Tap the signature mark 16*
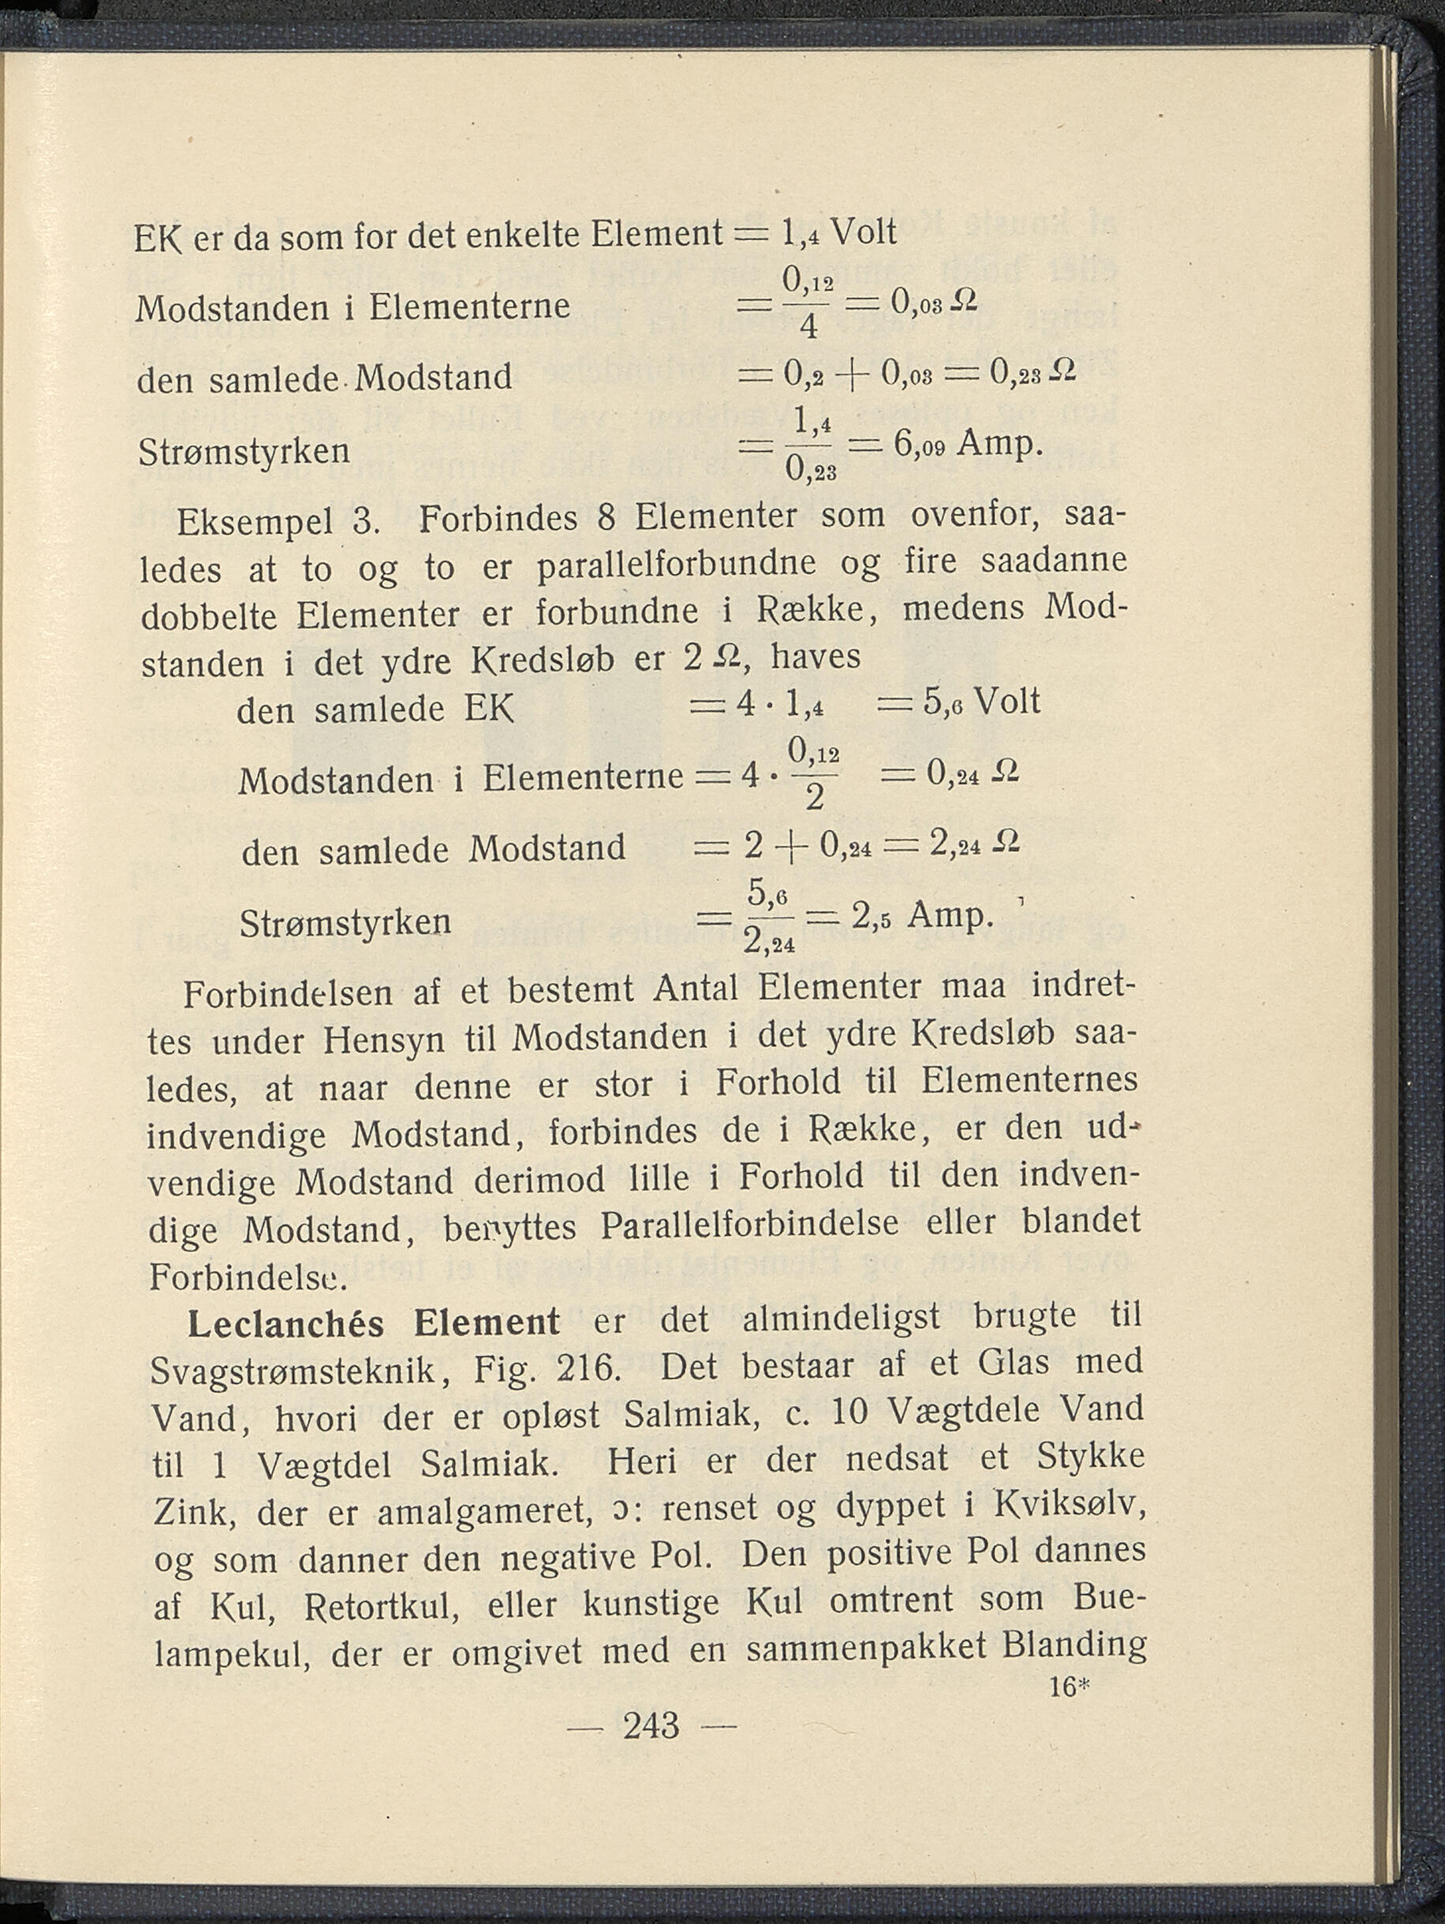[1069, 1687]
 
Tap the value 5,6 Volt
[981, 702]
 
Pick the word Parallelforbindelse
[749, 1225]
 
